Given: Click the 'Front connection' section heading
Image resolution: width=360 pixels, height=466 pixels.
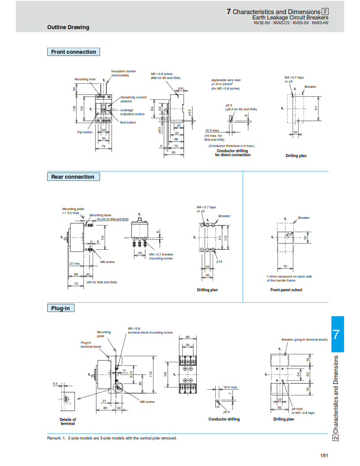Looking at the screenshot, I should pos(73,52).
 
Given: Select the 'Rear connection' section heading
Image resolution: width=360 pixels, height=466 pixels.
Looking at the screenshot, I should pos(73,177).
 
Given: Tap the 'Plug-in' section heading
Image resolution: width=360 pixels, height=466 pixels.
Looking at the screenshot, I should pos(61,308).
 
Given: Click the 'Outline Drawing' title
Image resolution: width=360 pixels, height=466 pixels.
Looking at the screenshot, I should pos(68,27).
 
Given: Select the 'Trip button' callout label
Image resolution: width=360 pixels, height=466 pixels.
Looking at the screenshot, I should pos(85,132).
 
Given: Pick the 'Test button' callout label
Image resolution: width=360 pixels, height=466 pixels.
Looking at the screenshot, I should pos(128,122).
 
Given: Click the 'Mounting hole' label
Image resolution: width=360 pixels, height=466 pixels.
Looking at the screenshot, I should pos(85,79).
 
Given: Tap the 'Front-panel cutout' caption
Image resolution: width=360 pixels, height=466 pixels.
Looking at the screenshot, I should pos(286,290).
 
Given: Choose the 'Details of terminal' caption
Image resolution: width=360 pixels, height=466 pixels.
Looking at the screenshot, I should pos(68,421).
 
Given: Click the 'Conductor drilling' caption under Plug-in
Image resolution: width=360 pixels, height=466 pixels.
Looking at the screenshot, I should pos(224,419).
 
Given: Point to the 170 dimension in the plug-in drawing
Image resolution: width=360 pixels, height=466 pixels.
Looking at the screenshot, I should pos(151,373).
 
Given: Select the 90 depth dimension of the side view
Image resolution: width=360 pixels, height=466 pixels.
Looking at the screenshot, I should pos(173,153).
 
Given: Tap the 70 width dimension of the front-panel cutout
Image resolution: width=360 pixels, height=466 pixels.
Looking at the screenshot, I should pos(285,266).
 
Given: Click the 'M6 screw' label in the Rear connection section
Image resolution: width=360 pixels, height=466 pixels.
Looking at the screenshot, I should pos(107,262).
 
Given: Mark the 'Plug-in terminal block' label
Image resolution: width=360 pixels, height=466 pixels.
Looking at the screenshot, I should pos(91,344).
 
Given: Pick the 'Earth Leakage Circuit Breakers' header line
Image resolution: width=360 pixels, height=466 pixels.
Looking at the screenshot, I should pos(290,18).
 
